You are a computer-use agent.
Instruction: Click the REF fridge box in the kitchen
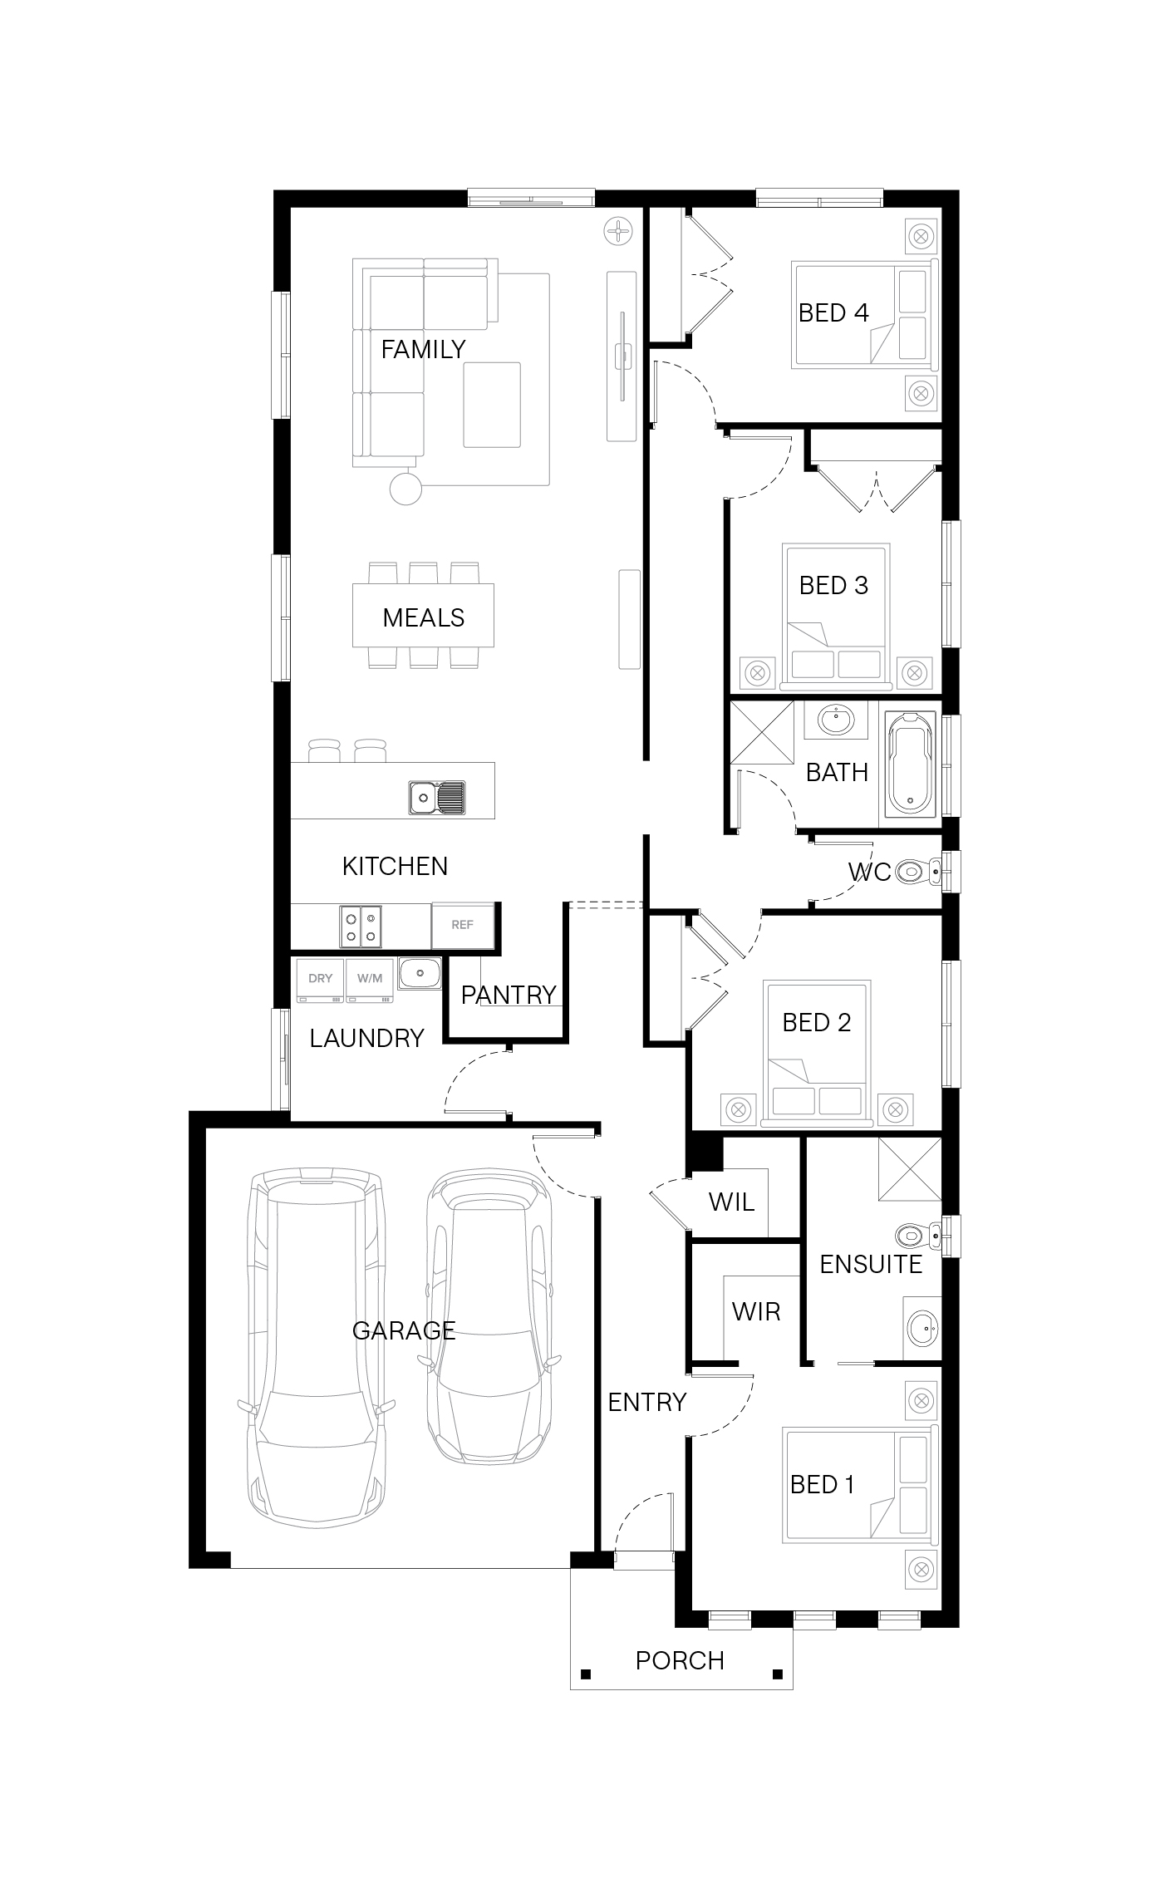point(463,925)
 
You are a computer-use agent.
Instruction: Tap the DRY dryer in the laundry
point(321,980)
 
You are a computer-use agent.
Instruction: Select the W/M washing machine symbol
point(370,980)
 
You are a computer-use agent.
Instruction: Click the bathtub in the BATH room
point(911,763)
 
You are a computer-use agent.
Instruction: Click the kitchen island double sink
point(437,798)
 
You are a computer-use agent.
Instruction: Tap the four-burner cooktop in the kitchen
point(361,927)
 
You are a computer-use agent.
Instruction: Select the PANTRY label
point(509,995)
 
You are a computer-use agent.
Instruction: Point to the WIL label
point(731,1201)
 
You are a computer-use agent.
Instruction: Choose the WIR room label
point(756,1311)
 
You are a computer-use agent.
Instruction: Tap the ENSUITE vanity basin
point(921,1329)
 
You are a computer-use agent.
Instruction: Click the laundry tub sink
point(420,973)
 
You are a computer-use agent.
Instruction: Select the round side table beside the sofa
point(405,487)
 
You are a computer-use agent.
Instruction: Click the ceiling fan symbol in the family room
point(619,230)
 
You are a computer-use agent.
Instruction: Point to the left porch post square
point(586,1674)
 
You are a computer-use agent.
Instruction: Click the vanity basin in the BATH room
point(835,719)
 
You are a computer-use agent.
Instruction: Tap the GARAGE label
point(404,1330)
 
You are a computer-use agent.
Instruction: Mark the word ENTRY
point(646,1402)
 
